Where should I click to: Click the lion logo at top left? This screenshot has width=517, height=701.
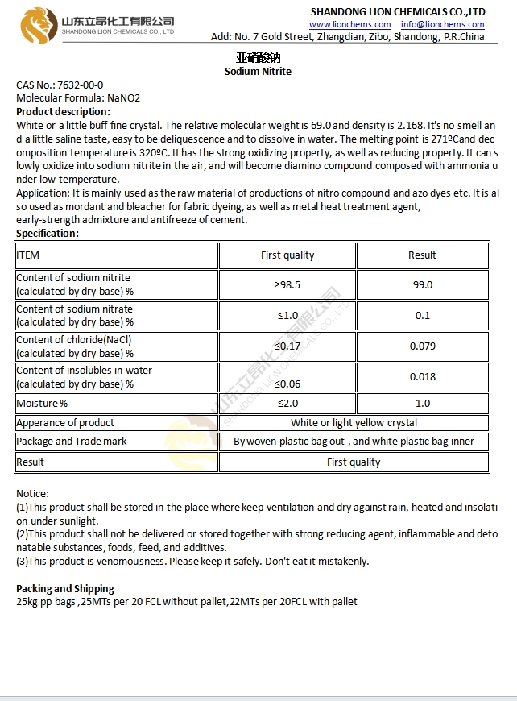pos(36,25)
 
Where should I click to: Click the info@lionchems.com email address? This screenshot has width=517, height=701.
pos(443,25)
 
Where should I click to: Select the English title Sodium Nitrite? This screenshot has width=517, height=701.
pos(258,71)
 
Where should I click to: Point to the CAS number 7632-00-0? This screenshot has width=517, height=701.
pos(79,85)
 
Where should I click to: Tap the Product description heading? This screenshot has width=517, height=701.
pos(63,111)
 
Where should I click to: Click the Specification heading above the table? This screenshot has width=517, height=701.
pos(48,233)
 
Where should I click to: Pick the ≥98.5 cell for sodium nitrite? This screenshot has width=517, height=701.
pos(287,284)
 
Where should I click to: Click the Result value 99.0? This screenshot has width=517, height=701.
pos(422,284)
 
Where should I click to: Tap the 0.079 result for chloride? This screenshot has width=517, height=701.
pos(422,346)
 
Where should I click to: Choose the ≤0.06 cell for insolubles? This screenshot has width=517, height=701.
pos(287,384)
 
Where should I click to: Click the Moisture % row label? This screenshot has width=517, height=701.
pos(43,403)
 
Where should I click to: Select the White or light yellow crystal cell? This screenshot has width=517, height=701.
pos(354,422)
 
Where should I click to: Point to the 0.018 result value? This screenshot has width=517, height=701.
pos(422,376)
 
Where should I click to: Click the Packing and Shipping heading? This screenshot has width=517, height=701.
pos(65,588)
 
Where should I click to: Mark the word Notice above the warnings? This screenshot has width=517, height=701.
pos(32,493)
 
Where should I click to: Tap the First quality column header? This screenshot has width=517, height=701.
pos(287,255)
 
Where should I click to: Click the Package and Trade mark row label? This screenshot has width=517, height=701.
pos(72,442)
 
